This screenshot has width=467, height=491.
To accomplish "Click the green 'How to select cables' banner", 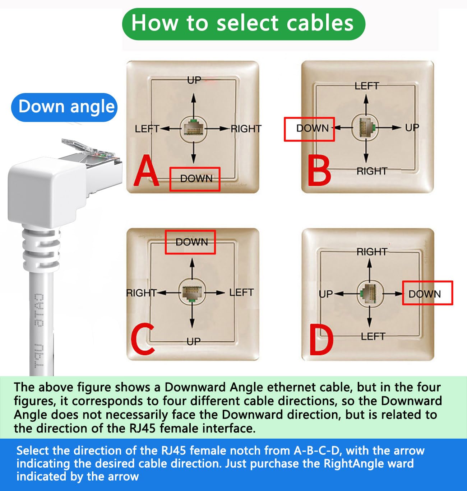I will pos(243,24).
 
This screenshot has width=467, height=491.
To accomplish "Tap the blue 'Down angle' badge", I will pos(65,107).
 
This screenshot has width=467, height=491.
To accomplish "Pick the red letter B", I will pos(319,171).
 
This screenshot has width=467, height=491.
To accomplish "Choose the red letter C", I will pos(143,339).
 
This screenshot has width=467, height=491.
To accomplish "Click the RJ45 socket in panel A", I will pos(194,128).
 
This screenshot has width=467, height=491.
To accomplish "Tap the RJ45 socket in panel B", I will pos(366,127).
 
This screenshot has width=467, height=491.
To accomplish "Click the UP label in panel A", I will pos(194,80).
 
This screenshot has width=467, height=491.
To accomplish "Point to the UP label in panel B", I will pos(412,127).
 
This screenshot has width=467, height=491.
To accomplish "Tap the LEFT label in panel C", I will pos(241,293).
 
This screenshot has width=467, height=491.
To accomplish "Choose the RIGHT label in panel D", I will pos(371,252).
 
